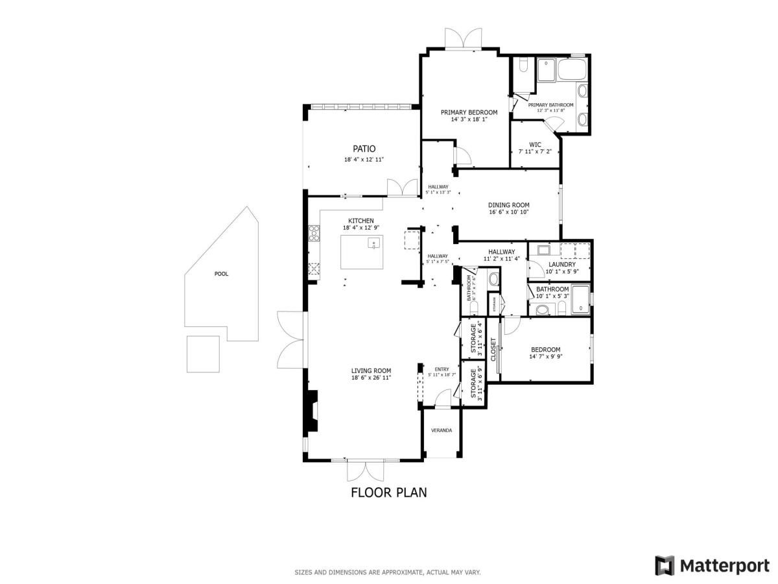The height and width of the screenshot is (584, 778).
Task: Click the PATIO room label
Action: [364, 149]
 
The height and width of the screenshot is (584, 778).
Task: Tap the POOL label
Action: [221, 274]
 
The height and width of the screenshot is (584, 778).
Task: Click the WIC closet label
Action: [535, 145]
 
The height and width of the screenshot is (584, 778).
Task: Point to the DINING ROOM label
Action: [508, 205]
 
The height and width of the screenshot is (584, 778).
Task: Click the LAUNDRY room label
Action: [561, 264]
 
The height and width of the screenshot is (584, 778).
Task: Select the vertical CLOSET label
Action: [493, 350]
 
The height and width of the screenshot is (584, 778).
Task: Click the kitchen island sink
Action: [373, 243]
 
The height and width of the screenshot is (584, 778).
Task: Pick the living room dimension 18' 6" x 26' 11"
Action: [371, 378]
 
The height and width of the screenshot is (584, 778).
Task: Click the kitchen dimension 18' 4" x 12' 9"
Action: [360, 228]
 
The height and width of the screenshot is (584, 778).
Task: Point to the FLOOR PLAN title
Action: [388, 492]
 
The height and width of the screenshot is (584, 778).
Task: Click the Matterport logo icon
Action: [665, 565]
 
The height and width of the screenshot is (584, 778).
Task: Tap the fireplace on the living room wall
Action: [312, 411]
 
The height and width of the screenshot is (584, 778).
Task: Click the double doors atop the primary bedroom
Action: [464, 38]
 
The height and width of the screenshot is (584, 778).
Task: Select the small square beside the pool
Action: [203, 354]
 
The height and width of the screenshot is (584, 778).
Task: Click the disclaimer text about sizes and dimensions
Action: [388, 572]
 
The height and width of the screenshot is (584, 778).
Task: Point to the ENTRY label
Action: [442, 369]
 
